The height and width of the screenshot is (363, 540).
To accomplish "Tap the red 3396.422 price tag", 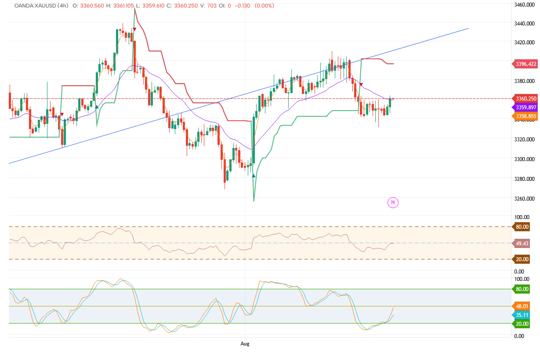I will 526,64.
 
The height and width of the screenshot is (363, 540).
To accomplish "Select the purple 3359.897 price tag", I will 526,107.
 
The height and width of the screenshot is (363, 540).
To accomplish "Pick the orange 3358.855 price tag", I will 526,116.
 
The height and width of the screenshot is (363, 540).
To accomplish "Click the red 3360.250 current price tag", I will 526,99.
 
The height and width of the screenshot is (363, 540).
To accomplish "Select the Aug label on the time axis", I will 245,344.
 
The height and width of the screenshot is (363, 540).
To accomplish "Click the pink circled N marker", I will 393,202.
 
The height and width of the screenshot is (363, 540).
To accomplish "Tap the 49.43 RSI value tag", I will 522,243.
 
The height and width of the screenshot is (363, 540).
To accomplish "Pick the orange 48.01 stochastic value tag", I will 522,306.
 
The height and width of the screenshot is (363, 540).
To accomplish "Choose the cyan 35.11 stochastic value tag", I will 522,315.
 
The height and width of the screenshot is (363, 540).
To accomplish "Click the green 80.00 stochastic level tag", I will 522,289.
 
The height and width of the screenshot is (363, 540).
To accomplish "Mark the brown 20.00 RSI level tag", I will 522,259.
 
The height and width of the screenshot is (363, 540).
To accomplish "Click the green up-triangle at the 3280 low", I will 254,176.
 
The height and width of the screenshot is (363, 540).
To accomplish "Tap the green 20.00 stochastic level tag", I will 522,323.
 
